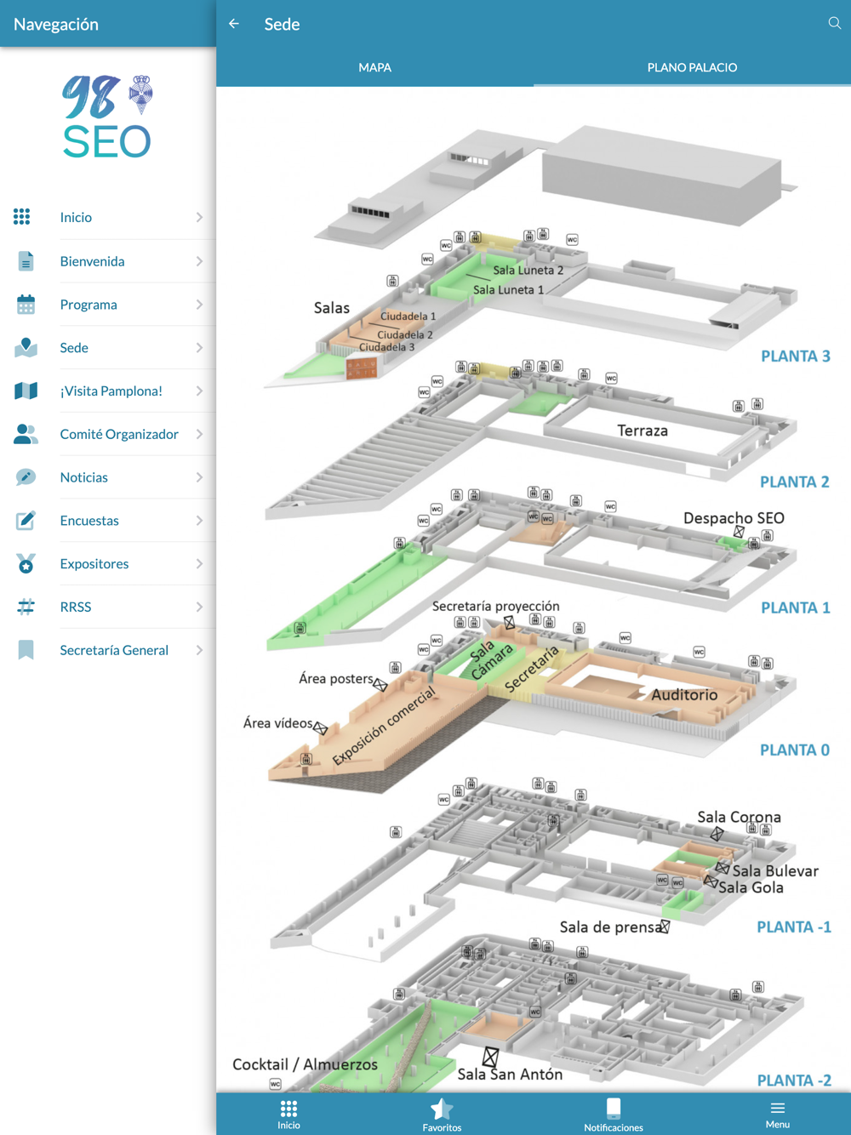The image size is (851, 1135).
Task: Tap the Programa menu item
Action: (x=89, y=305)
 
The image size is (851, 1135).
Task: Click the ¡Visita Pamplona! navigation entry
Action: (x=111, y=391)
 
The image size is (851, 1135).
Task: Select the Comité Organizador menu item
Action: (x=119, y=434)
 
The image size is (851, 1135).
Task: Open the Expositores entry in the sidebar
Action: (x=94, y=564)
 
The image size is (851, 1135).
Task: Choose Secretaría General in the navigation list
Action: (x=114, y=650)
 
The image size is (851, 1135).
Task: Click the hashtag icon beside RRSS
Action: (x=26, y=607)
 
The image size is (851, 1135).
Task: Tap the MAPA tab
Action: (x=374, y=67)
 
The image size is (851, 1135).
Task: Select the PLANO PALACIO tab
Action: (x=692, y=67)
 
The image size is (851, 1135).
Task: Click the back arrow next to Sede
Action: (x=234, y=24)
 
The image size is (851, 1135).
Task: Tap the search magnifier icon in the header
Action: (x=834, y=24)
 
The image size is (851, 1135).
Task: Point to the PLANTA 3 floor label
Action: (x=795, y=356)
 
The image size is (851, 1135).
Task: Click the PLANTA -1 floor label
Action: (x=793, y=927)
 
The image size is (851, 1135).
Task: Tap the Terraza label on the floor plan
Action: (x=643, y=431)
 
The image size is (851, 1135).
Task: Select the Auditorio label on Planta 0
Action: (x=684, y=695)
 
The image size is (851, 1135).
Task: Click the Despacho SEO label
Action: (x=734, y=518)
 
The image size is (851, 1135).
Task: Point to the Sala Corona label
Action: (x=739, y=818)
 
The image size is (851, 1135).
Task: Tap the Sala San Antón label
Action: (x=510, y=1075)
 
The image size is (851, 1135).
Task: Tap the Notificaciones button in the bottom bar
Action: (x=613, y=1113)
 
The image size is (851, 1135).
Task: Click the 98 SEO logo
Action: (x=107, y=117)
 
